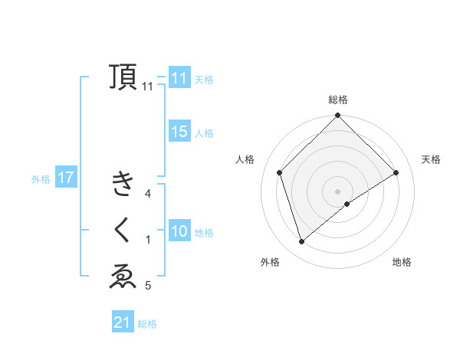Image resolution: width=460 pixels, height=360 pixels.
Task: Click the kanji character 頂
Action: (x=123, y=77)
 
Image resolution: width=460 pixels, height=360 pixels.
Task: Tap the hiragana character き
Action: (x=123, y=184)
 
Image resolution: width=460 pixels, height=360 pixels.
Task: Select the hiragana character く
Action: (x=123, y=231)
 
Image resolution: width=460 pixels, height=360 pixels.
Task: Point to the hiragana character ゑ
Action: (x=123, y=277)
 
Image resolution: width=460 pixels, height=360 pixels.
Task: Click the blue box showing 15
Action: (x=179, y=132)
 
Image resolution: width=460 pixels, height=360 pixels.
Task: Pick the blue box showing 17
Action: (x=66, y=178)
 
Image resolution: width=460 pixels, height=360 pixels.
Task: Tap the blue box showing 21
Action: (x=123, y=323)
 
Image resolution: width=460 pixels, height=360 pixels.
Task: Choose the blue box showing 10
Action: (x=179, y=231)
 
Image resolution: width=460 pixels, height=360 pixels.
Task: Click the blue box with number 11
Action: (x=179, y=78)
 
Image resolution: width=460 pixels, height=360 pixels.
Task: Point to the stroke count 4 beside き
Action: (x=148, y=195)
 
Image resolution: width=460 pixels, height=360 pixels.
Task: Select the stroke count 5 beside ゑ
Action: (x=148, y=286)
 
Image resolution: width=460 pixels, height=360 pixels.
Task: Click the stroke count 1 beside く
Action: (x=148, y=241)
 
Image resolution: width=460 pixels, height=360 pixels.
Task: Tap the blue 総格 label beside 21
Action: (x=147, y=324)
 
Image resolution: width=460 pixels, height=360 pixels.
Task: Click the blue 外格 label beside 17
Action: (x=41, y=179)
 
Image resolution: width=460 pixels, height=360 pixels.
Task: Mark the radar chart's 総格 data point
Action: (x=337, y=116)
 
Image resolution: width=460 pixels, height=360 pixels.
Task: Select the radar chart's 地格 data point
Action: (x=347, y=204)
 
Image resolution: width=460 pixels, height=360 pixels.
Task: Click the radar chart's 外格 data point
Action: (x=302, y=242)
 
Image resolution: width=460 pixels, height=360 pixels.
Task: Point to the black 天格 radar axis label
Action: (x=432, y=159)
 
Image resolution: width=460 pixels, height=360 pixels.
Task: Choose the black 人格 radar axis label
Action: (x=245, y=159)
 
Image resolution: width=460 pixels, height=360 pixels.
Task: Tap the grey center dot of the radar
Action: (x=337, y=191)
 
